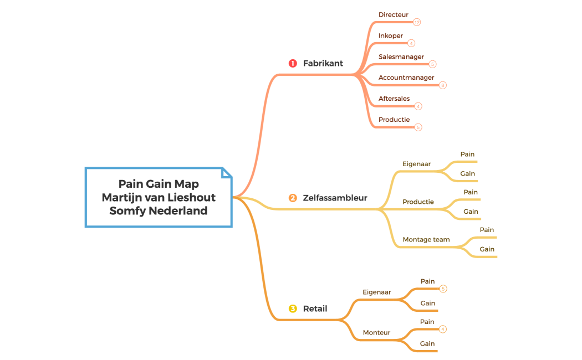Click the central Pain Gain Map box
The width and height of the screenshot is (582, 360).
[x=159, y=197]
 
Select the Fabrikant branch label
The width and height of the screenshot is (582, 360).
[x=323, y=63]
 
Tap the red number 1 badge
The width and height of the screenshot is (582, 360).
[x=293, y=63]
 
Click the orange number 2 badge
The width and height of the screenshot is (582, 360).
[x=293, y=198]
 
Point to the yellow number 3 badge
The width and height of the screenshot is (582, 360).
[x=293, y=308]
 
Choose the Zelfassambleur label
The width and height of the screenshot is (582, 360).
[x=335, y=198]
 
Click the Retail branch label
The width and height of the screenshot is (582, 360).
[x=315, y=308]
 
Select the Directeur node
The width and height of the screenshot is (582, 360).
[x=394, y=15]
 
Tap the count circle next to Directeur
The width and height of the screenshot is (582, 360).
[x=417, y=22]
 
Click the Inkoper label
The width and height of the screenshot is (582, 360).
[x=391, y=36]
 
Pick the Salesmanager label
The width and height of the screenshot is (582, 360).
[x=401, y=56]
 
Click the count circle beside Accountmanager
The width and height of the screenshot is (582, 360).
[x=442, y=85]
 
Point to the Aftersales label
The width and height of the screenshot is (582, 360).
[x=394, y=99]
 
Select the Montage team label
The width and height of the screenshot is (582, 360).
[x=426, y=240]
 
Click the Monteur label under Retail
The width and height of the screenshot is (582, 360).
[x=376, y=332]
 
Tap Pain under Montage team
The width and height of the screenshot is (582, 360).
[x=487, y=230]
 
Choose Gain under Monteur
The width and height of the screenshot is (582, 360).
[x=427, y=343]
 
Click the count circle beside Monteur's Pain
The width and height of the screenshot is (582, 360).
[x=442, y=329]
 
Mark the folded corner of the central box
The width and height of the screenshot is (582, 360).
[x=227, y=173]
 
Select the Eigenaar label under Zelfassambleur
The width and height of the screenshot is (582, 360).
[x=416, y=164]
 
